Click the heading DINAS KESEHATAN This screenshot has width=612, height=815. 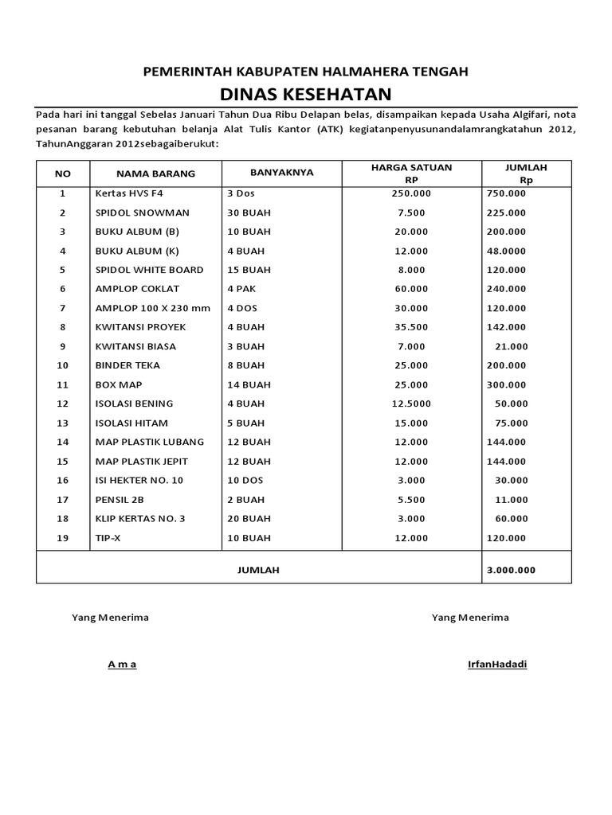305,94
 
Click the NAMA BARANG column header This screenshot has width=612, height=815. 155,174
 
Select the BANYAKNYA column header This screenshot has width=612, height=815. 281,172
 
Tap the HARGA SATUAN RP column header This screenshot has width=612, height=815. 411,173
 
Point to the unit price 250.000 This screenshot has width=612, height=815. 411,193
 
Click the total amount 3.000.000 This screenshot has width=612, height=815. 510,570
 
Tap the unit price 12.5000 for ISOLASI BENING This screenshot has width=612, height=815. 411,404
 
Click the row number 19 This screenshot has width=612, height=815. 63,538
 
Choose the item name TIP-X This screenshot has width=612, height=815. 108,538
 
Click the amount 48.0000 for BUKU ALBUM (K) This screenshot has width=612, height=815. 508,251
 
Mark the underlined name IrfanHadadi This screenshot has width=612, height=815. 497,665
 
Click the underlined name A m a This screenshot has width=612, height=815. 122,665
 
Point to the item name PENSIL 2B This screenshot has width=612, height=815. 120,500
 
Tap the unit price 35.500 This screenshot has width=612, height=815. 411,327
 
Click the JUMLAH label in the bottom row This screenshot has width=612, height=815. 258,570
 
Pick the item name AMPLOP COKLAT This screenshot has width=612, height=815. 137,289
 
